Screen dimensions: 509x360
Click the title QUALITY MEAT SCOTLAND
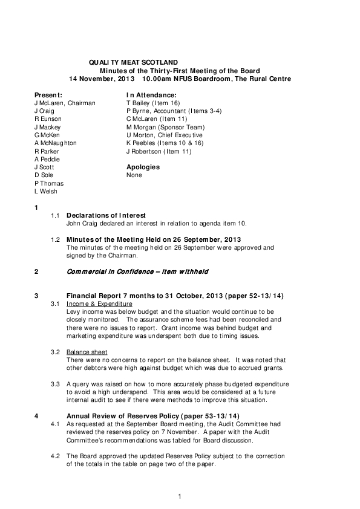(133, 62)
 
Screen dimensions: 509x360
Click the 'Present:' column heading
(48, 96)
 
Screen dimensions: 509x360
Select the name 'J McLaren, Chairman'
(64, 103)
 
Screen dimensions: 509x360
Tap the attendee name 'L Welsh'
(45, 191)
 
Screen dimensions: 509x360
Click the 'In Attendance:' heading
(151, 96)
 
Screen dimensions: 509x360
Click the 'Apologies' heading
(143, 167)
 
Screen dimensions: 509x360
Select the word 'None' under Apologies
(134, 175)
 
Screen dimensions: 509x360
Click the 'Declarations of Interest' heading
(106, 215)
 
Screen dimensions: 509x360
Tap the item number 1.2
(55, 239)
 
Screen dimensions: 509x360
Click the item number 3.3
(55, 384)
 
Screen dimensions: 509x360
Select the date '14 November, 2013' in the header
(102, 79)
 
